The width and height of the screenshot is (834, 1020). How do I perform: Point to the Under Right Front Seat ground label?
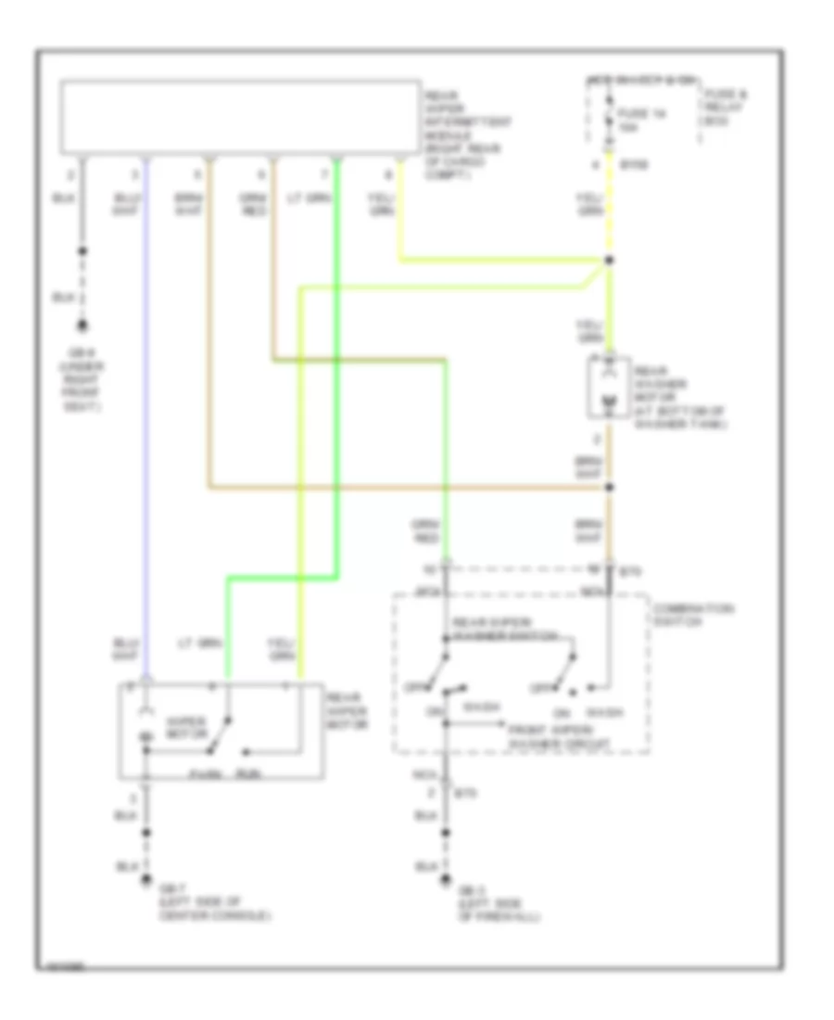(85, 378)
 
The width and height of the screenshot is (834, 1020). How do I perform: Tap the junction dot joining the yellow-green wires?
(609, 261)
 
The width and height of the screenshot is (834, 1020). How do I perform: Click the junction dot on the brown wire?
(609, 487)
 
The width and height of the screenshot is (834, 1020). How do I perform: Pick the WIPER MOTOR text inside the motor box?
(184, 724)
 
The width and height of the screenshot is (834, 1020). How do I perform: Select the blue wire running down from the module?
(145, 417)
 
